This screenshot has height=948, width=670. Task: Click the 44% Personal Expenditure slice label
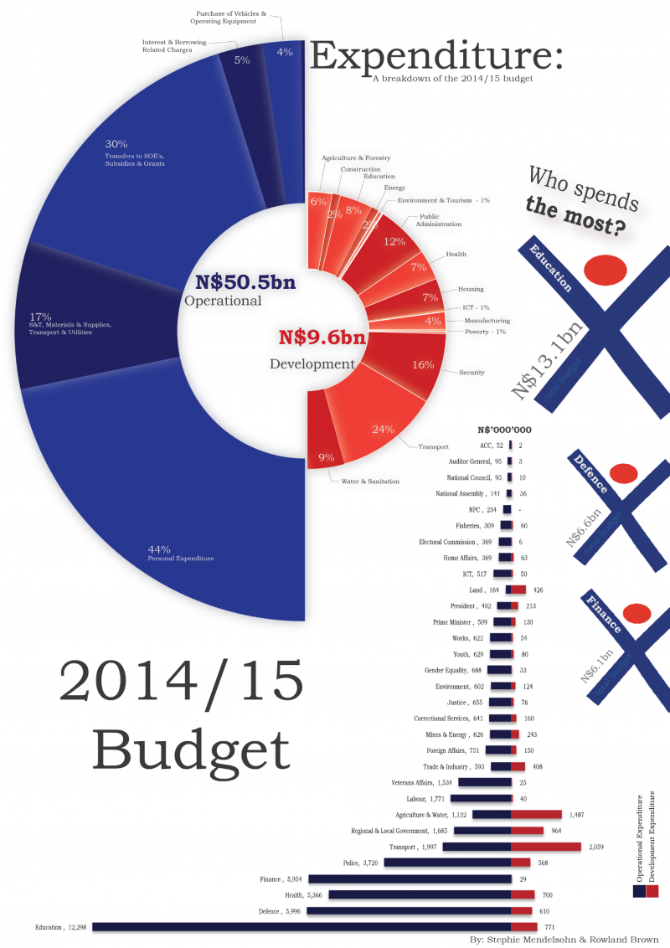(180, 553)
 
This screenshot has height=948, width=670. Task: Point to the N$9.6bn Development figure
(322, 338)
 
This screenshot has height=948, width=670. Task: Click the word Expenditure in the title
(435, 57)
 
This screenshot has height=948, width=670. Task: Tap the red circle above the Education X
(605, 270)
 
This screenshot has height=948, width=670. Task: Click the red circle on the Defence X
(623, 474)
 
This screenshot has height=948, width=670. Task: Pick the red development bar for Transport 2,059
(545, 847)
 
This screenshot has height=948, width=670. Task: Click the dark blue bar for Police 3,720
(447, 863)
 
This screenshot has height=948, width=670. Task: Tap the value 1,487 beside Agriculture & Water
(577, 814)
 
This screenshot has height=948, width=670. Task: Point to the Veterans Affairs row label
(421, 782)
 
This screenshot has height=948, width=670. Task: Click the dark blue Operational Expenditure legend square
(640, 893)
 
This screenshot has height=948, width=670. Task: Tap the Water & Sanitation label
(370, 481)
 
